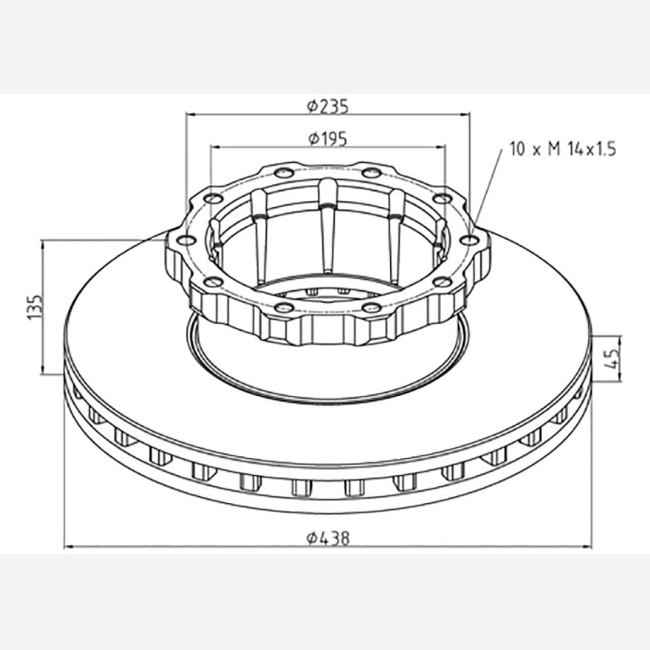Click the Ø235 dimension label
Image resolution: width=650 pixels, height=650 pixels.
pyautogui.click(x=327, y=107)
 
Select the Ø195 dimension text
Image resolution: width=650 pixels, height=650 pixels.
pyautogui.click(x=327, y=139)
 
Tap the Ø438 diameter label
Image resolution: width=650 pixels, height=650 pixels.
pyautogui.click(x=328, y=538)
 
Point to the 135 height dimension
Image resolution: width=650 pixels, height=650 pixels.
pyautogui.click(x=35, y=307)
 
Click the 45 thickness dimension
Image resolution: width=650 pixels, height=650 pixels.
pyautogui.click(x=611, y=359)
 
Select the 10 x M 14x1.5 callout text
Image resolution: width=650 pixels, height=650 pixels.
pyautogui.click(x=563, y=149)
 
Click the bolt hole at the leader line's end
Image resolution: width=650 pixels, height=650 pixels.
pyautogui.click(x=470, y=240)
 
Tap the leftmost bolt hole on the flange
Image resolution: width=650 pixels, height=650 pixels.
pyautogui.click(x=185, y=240)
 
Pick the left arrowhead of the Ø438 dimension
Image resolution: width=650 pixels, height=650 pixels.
pyautogui.click(x=69, y=547)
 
